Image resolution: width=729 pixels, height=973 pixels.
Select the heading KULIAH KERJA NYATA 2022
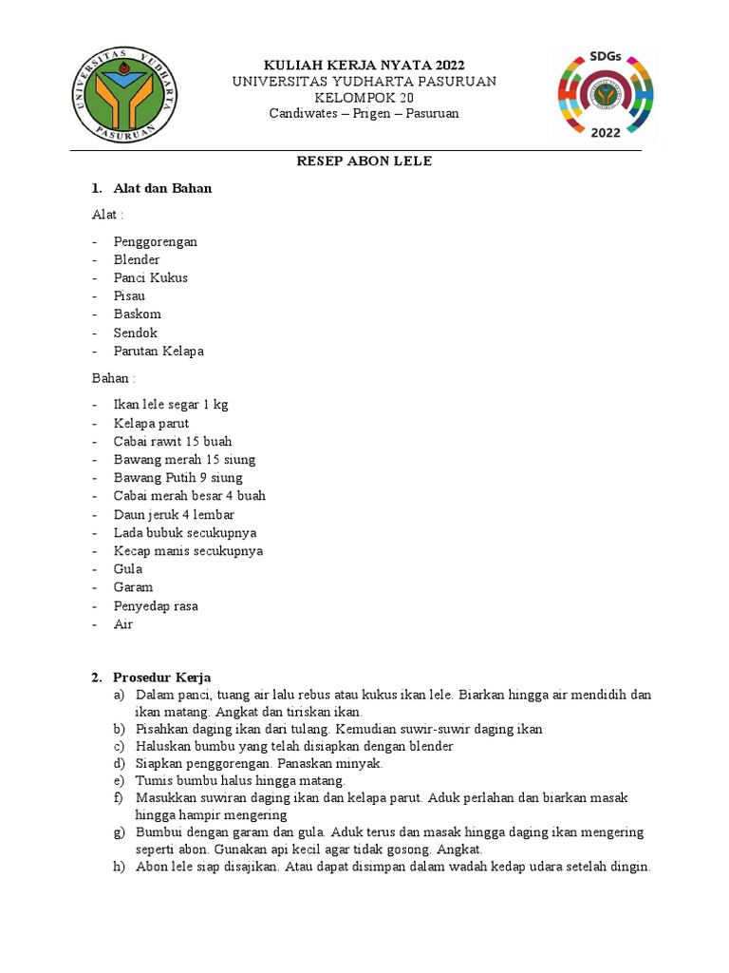click(x=364, y=65)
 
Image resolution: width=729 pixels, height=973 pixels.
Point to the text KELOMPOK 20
click(x=364, y=98)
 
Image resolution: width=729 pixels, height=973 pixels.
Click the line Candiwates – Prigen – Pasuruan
click(x=364, y=114)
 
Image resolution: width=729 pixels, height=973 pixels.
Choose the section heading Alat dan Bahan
click(x=162, y=188)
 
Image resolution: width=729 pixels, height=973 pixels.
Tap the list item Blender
click(x=137, y=259)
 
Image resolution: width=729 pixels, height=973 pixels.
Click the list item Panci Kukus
click(x=151, y=277)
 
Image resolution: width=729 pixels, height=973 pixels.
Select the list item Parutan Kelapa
click(x=159, y=351)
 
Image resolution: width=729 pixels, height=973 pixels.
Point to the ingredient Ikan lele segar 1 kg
click(x=171, y=405)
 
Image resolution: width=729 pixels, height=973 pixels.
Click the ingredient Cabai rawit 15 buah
click(x=173, y=441)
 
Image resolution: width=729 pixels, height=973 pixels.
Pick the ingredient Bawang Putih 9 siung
click(x=178, y=478)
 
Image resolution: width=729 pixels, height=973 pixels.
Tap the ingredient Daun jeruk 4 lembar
click(x=174, y=514)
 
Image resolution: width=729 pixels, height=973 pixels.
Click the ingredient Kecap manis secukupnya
click(x=188, y=551)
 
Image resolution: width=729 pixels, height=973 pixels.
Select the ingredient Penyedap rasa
click(x=156, y=605)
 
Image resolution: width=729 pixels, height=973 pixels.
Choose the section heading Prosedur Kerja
click(x=162, y=677)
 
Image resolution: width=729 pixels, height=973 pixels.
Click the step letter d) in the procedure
click(x=119, y=764)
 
